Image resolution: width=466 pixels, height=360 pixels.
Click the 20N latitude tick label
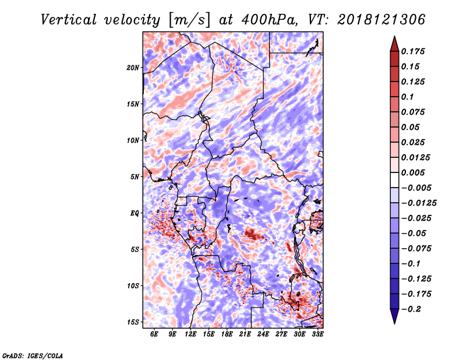pos(133,68)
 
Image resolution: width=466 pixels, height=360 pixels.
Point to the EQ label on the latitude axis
pos(135,213)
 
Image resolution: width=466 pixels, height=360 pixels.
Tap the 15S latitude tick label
pos(133,322)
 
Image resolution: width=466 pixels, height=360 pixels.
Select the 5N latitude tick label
pos(135,177)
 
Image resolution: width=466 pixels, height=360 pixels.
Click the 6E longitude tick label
pos(154,334)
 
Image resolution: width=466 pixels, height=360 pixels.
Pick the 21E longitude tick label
pos(245,334)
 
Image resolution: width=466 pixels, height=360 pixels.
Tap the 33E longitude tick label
pos(317,334)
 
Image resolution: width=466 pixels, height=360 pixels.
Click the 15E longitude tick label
pos(209,334)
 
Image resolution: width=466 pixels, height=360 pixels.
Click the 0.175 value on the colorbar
pos(413,51)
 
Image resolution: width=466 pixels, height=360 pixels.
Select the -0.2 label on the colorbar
pos(411,309)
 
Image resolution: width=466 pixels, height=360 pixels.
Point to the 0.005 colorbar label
pos(413,172)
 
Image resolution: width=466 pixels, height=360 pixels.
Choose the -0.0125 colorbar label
pos(419,203)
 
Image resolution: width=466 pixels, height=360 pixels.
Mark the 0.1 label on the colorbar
pos(407,97)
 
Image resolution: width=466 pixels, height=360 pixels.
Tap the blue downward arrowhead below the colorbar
pos(394,316)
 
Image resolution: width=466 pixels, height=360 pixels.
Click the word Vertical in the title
pos(69,20)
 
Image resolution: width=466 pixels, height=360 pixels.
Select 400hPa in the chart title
pos(270,20)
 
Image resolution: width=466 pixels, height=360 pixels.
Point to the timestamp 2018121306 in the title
pos(382,20)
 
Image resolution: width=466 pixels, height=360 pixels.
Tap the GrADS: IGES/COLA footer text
pos(33,355)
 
